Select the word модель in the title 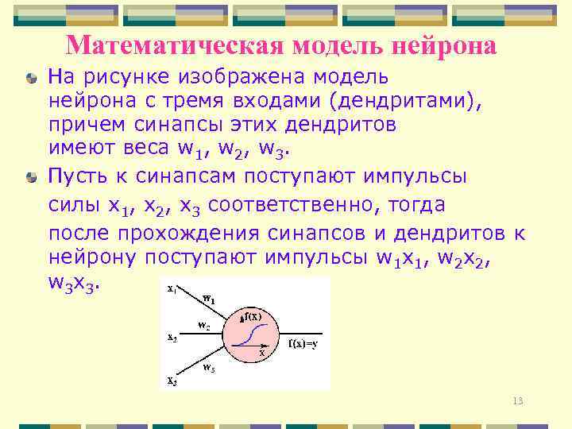[337, 45]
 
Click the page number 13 [518, 401]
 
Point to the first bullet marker [30, 79]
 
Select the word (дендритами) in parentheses [396, 101]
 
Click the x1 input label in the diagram [172, 290]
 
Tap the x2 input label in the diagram [172, 337]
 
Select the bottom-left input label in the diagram [172, 381]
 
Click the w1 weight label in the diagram [208, 299]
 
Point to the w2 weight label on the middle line [203, 326]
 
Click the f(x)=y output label [303, 344]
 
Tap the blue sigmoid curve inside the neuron [252, 334]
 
